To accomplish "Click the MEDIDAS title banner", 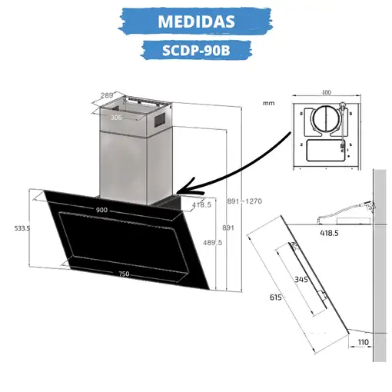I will pyautogui.click(x=197, y=20).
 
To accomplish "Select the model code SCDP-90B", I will pyautogui.click(x=196, y=50).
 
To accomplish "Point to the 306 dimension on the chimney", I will pyautogui.click(x=116, y=118).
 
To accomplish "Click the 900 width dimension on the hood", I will pyautogui.click(x=101, y=210).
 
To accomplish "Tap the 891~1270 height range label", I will pyautogui.click(x=244, y=201).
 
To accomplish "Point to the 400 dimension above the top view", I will pyautogui.click(x=327, y=92).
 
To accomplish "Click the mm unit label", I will pyautogui.click(x=267, y=102).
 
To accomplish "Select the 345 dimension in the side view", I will pyautogui.click(x=301, y=280).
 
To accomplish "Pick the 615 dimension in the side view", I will pyautogui.click(x=275, y=297).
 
